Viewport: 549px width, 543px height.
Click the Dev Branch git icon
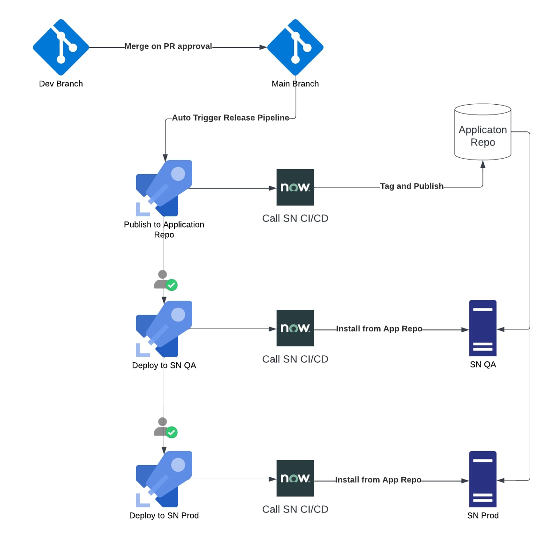click(x=61, y=47)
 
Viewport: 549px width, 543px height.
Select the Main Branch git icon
click(x=295, y=47)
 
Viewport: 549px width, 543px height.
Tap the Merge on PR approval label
click(x=168, y=46)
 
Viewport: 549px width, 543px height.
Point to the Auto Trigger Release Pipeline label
click(x=230, y=118)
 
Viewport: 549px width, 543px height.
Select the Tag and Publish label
click(x=412, y=186)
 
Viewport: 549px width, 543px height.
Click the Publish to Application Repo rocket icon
click(x=164, y=188)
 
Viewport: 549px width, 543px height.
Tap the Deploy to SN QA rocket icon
click(x=164, y=329)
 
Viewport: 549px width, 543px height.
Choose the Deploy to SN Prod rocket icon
click(x=164, y=479)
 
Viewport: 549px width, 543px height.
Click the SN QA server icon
click(x=482, y=328)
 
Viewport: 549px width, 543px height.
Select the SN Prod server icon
click(x=482, y=479)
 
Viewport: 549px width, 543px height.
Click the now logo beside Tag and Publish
click(x=295, y=187)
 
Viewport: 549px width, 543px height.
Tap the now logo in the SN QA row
click(x=295, y=328)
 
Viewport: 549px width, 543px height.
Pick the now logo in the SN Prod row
click(x=295, y=478)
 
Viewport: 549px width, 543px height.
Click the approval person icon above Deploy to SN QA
click(x=161, y=279)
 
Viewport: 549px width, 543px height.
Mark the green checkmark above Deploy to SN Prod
click(x=172, y=432)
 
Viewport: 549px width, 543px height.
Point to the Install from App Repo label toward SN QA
click(x=379, y=329)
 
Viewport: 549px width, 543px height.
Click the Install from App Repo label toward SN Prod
click(x=378, y=480)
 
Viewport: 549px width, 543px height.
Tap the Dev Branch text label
click(x=61, y=84)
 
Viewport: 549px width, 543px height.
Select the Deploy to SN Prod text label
click(x=164, y=515)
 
